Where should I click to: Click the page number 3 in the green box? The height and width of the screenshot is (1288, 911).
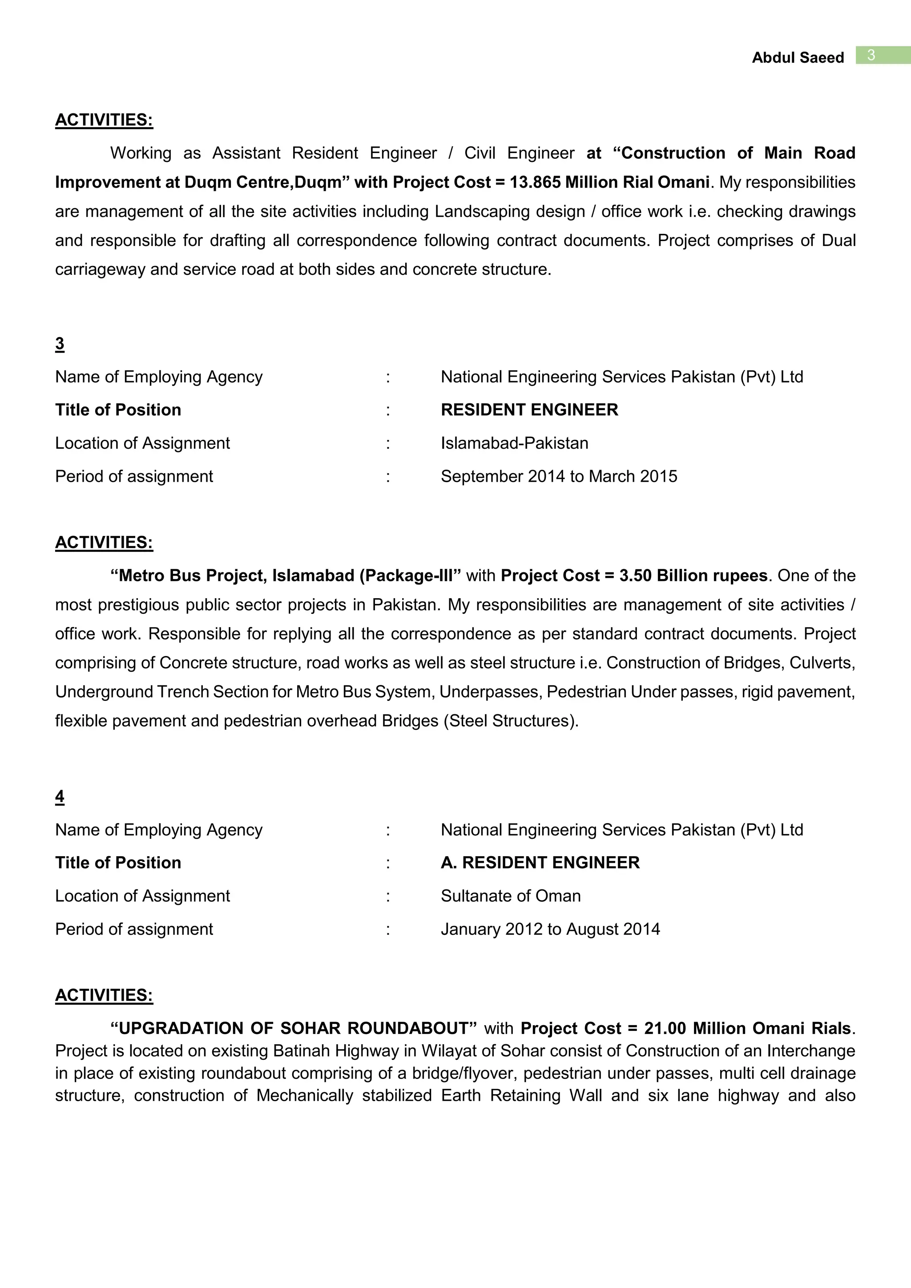click(x=871, y=55)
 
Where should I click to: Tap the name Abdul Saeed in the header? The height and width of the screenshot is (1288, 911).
click(x=797, y=58)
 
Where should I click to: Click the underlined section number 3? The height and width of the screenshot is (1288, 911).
click(x=60, y=343)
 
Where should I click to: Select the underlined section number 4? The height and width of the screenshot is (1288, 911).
click(x=60, y=796)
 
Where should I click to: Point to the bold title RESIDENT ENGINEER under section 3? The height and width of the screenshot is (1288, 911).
click(x=529, y=410)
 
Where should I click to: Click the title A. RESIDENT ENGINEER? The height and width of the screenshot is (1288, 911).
click(x=540, y=862)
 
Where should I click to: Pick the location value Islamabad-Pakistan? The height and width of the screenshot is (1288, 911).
click(x=514, y=443)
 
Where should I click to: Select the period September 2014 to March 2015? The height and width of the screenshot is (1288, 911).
click(x=558, y=476)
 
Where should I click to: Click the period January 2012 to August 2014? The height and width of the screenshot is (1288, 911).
click(x=550, y=929)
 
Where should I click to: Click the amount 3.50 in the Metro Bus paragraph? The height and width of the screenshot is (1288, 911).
click(x=635, y=576)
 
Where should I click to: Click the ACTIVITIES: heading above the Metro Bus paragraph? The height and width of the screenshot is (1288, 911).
click(x=104, y=543)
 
